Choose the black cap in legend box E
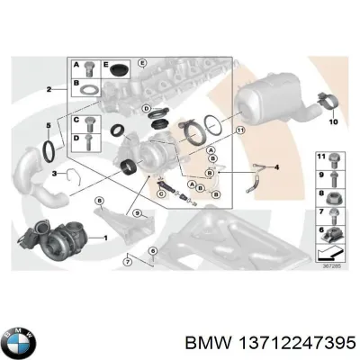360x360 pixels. click(x=119, y=69)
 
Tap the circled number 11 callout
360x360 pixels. click(x=238, y=130)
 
